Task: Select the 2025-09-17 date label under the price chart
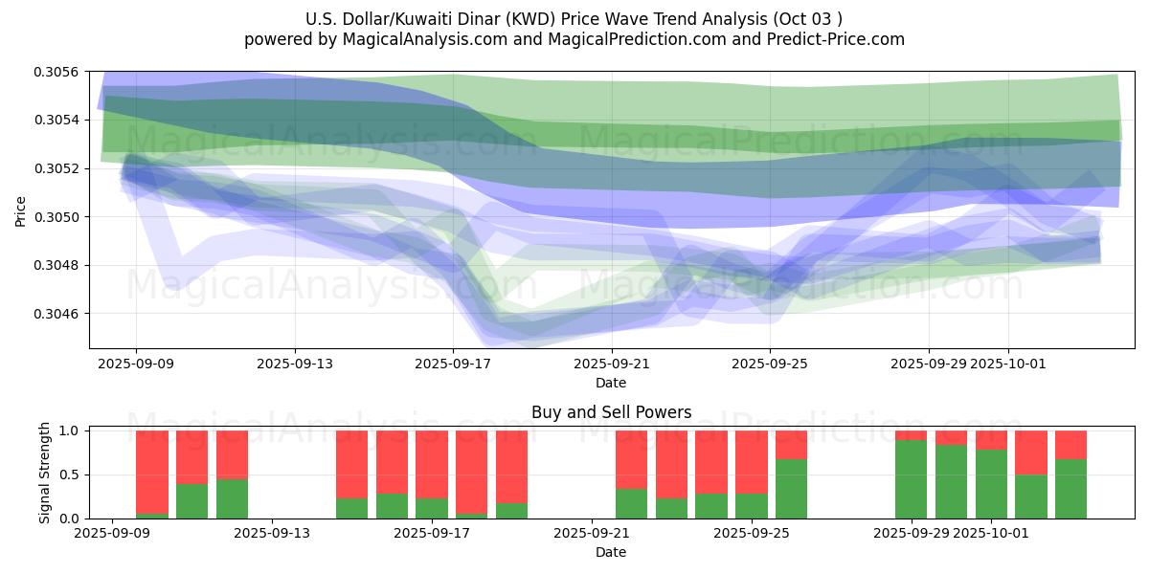[x=453, y=364]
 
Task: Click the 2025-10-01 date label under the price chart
[x=1007, y=364]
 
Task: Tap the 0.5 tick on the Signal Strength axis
[x=71, y=475]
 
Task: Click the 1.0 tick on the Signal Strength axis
[x=71, y=430]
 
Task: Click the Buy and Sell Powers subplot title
[x=611, y=413]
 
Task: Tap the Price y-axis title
[x=21, y=210]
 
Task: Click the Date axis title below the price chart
[x=611, y=383]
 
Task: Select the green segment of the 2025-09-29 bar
[x=911, y=478]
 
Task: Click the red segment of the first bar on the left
[x=152, y=472]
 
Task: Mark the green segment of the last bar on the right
[x=1070, y=488]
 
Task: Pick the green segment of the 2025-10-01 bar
[x=991, y=483]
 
